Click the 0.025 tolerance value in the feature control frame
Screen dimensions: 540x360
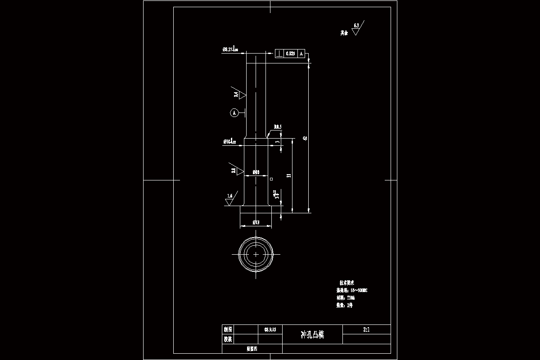click(290, 54)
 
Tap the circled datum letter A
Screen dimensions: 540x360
click(234, 113)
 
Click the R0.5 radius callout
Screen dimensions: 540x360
click(277, 127)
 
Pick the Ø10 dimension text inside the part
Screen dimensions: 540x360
click(256, 172)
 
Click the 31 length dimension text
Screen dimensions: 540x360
click(288, 175)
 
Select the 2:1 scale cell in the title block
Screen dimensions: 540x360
click(366, 329)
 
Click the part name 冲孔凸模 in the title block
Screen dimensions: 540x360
click(312, 335)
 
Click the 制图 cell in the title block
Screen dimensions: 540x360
click(228, 329)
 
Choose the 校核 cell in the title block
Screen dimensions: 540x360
click(228, 339)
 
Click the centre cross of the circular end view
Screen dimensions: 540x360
click(256, 254)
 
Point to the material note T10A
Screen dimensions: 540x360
click(351, 298)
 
